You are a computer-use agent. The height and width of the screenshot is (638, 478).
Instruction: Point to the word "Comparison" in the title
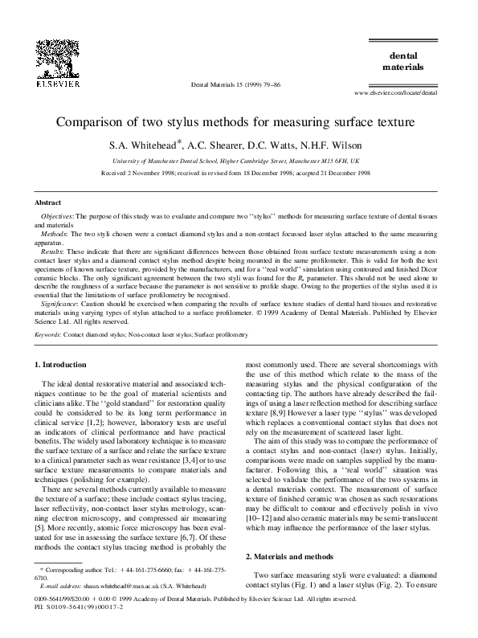point(96,124)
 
